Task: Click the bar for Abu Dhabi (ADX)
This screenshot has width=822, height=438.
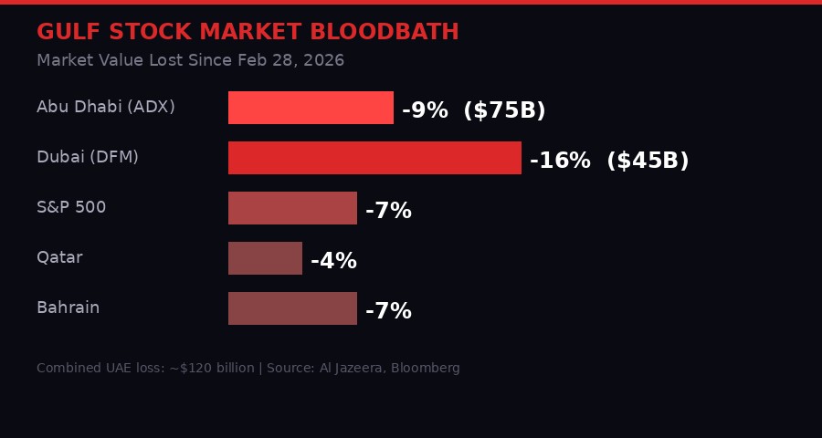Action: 311,108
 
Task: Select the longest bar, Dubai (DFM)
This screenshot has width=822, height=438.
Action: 374,158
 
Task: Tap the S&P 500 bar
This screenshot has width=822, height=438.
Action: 292,208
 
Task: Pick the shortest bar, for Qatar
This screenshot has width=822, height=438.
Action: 265,258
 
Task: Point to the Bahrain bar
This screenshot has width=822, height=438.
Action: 292,308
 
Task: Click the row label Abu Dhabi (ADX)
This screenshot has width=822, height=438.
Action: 106,107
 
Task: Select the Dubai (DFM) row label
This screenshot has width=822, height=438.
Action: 88,157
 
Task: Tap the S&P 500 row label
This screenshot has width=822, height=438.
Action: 71,207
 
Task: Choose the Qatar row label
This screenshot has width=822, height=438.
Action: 59,257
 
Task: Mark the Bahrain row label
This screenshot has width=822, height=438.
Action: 68,308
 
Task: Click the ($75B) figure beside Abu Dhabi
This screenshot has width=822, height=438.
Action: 504,110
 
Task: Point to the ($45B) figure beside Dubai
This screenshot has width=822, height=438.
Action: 648,161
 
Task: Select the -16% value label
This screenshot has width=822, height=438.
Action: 560,161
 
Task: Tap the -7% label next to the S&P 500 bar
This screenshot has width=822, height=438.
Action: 388,211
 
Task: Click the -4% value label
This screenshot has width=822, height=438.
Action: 333,261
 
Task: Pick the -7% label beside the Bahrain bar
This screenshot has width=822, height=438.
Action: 388,311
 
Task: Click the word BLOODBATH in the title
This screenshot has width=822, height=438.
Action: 384,32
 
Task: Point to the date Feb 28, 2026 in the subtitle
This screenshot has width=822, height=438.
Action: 290,60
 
